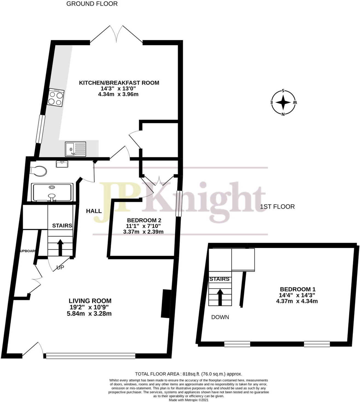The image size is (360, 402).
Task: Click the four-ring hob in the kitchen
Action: click(56, 98)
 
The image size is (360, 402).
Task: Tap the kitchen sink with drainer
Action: click(75, 149)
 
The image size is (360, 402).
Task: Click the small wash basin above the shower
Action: click(62, 164)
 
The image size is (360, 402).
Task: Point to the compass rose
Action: click(283, 102)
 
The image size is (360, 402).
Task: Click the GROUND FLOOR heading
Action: click(92, 4)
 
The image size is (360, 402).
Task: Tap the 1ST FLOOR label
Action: click(277, 207)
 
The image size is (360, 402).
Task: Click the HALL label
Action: click(94, 211)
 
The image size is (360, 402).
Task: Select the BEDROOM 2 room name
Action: click(144, 220)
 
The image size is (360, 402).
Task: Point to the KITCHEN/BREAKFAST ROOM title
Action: click(119, 83)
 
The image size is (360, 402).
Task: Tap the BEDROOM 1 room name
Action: click(298, 289)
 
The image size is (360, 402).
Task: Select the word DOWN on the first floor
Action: click(220, 317)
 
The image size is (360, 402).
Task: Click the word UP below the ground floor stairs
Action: click(60, 268)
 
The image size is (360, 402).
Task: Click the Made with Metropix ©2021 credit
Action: click(188, 400)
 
